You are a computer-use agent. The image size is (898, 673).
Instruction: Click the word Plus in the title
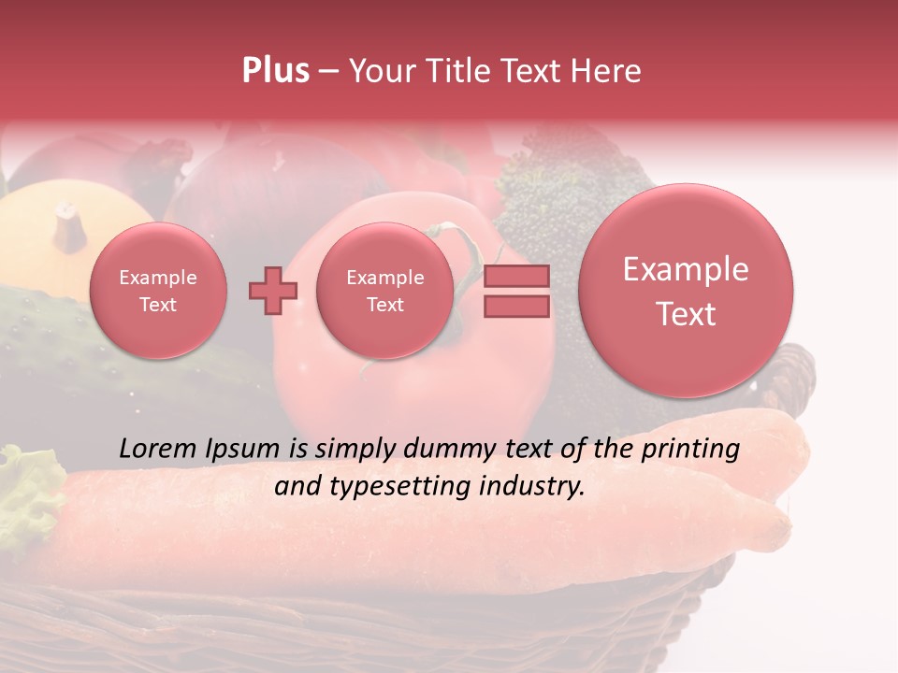click(275, 70)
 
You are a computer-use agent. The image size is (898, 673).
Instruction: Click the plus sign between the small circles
click(273, 291)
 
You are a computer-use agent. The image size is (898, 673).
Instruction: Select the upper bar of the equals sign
click(516, 277)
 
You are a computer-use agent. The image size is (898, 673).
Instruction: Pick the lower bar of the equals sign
click(516, 306)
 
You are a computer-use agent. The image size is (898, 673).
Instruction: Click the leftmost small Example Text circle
click(157, 291)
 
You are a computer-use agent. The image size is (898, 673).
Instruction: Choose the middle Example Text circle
click(384, 291)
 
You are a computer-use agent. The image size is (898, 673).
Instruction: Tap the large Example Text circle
click(686, 291)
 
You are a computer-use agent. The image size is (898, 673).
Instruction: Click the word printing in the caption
click(690, 450)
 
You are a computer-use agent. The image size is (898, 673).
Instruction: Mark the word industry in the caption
click(536, 486)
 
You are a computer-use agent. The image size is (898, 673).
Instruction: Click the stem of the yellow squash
click(68, 225)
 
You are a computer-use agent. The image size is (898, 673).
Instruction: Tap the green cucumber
click(56, 346)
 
